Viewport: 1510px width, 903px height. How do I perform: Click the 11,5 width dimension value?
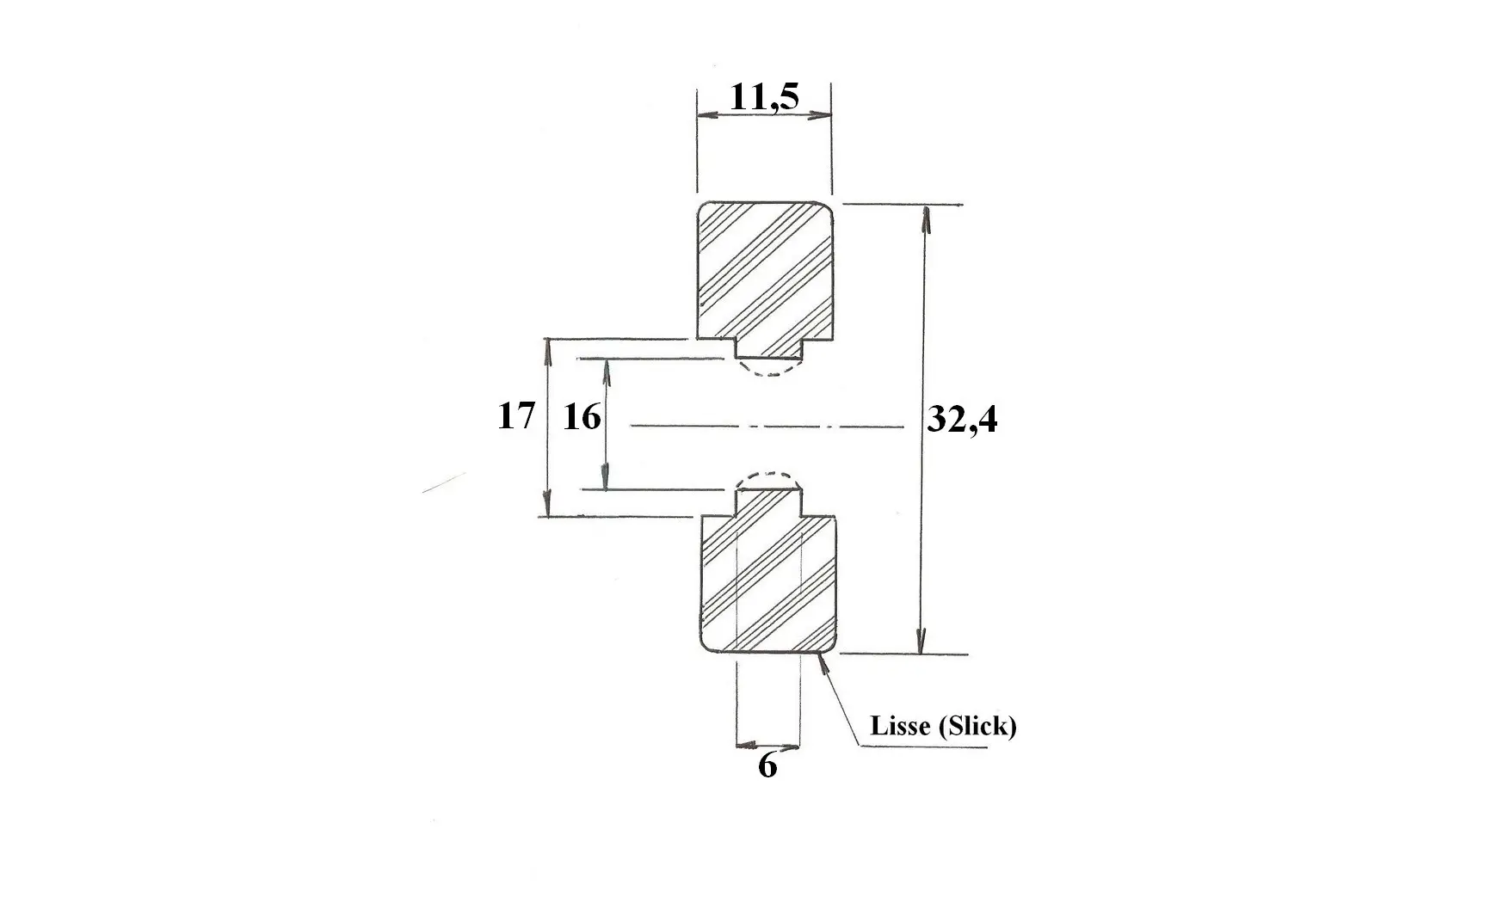point(764,96)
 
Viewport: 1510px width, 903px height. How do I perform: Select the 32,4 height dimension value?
point(963,420)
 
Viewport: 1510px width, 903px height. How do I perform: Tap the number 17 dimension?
point(516,416)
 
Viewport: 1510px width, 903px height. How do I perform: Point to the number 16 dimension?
point(582,417)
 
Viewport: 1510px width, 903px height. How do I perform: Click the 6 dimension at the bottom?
point(767,765)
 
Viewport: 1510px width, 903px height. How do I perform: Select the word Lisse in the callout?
point(900,726)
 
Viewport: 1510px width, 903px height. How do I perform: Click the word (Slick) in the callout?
point(977,727)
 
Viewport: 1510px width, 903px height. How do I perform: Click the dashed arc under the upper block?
point(770,373)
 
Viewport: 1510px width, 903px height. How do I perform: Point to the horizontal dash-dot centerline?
point(767,425)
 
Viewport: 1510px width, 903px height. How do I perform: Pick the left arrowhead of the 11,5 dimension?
point(710,114)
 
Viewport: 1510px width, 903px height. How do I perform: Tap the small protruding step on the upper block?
point(770,349)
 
